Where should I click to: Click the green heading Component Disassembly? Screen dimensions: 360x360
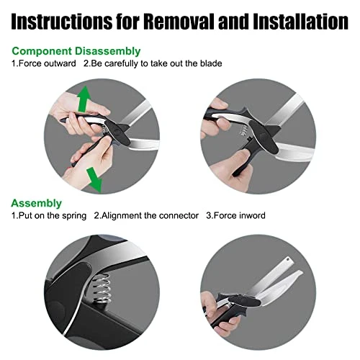click(x=76, y=51)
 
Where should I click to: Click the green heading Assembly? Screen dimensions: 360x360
click(x=36, y=203)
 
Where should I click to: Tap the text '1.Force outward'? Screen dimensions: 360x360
click(x=43, y=63)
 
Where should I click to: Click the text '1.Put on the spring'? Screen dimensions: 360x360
click(x=48, y=215)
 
